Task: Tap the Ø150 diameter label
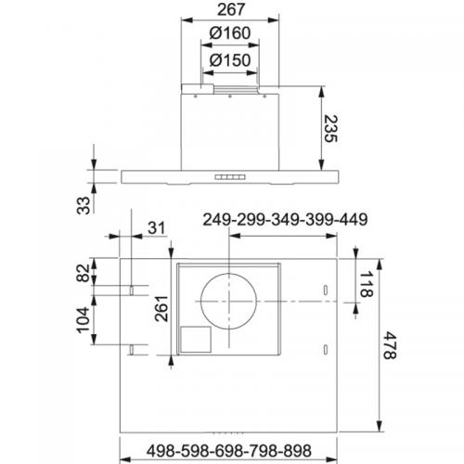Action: (228, 60)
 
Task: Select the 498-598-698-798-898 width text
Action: (228, 451)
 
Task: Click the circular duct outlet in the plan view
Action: (228, 303)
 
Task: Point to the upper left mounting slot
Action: (135, 290)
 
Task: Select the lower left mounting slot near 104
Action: (135, 349)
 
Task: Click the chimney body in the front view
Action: (228, 130)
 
